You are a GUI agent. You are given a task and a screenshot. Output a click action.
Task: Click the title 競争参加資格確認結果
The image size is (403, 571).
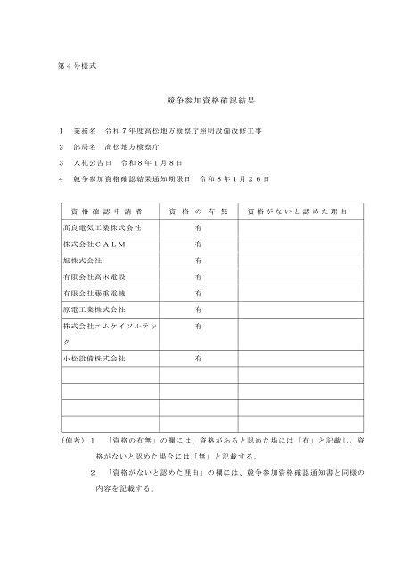(201, 103)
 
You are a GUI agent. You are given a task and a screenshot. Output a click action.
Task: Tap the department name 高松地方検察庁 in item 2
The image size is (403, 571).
(132, 146)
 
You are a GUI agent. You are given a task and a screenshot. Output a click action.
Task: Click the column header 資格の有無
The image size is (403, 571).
(198, 212)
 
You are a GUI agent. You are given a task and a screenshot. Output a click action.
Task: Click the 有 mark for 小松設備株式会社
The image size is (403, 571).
(198, 358)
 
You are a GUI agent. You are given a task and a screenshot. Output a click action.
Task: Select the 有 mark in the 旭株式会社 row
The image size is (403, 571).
(198, 261)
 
